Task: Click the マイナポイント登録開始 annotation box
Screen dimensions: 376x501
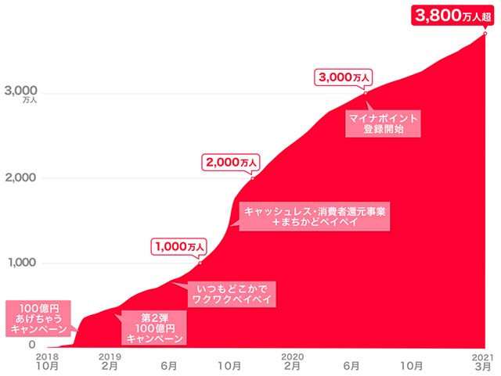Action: pyautogui.click(x=384, y=123)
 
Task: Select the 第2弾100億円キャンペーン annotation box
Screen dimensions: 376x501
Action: pyautogui.click(x=153, y=328)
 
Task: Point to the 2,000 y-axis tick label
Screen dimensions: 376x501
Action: pyautogui.click(x=21, y=178)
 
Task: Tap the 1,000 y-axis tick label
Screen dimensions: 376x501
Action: pyautogui.click(x=21, y=263)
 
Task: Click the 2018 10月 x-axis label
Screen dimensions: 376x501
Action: pyautogui.click(x=47, y=360)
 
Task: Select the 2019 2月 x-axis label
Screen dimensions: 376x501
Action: pyautogui.click(x=109, y=360)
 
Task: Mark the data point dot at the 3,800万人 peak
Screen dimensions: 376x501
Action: pyautogui.click(x=485, y=33)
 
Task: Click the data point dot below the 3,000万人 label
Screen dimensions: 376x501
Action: pyautogui.click(x=365, y=93)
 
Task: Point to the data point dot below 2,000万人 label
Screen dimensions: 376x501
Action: pyautogui.click(x=252, y=178)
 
